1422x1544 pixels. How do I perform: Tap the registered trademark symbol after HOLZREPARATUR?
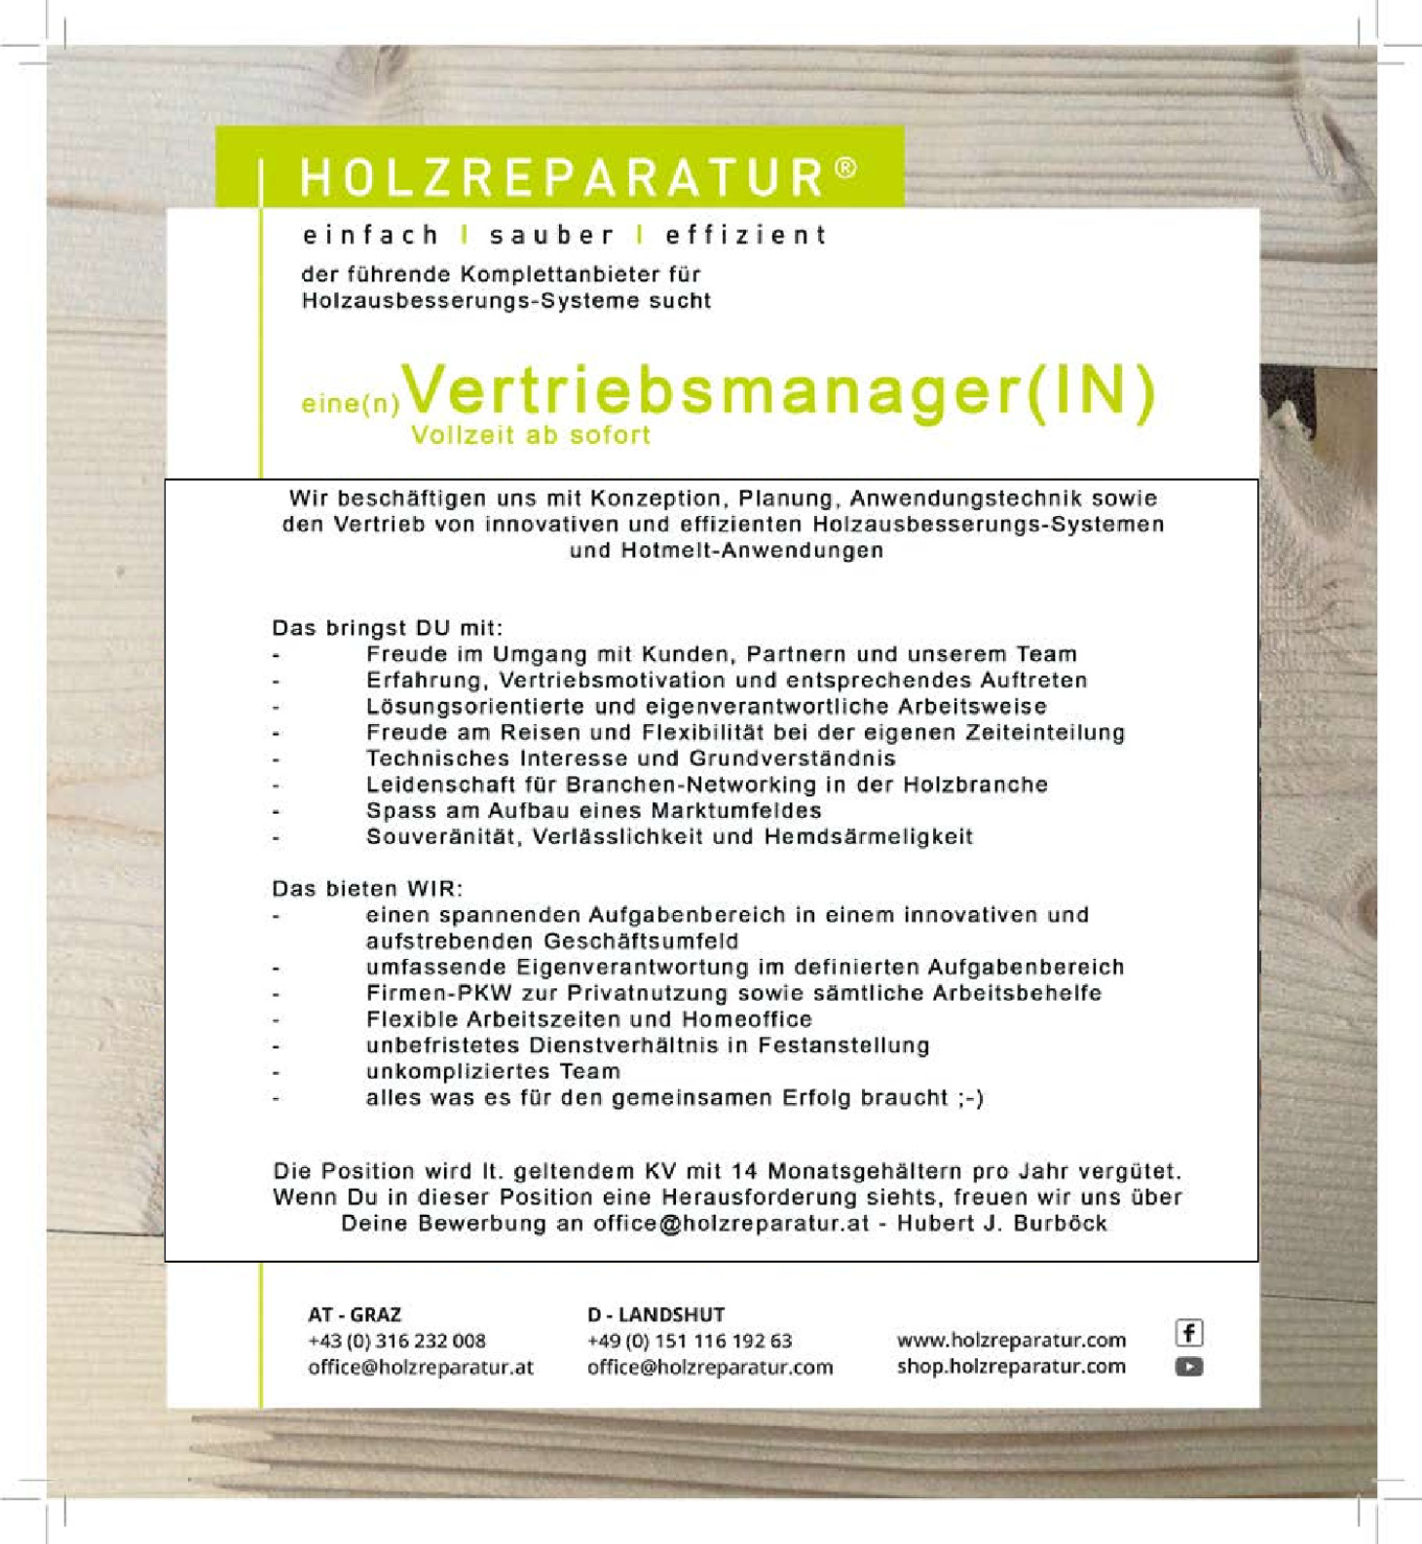coord(846,167)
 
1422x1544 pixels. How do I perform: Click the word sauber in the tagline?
coord(551,236)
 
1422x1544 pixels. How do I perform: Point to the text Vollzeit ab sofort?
coord(531,435)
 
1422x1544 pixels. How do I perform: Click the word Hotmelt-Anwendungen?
coord(752,551)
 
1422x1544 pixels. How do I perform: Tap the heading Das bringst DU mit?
coord(388,628)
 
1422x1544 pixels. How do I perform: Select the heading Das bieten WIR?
coord(367,889)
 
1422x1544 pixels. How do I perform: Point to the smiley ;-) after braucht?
coord(970,1098)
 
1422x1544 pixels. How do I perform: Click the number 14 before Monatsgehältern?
coord(744,1171)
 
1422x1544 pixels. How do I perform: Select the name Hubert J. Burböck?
coord(1001,1224)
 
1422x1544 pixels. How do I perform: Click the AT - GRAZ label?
coord(355,1315)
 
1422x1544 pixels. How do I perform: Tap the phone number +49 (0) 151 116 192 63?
coord(690,1342)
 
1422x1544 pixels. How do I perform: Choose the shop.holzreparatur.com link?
coord(1011,1367)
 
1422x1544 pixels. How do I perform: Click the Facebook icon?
coord(1189,1333)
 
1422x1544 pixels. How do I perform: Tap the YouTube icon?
coord(1189,1367)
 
